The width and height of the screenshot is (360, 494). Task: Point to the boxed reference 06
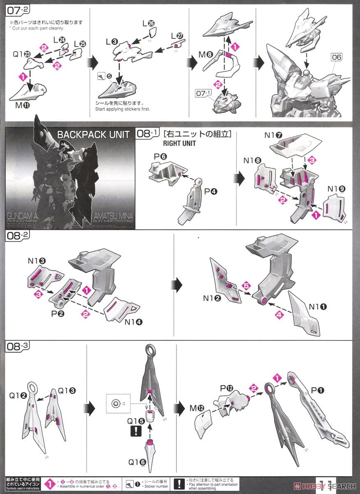[x=336, y=57]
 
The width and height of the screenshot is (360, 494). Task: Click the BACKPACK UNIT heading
[x=93, y=135]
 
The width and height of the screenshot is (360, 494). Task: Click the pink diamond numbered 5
[x=246, y=286]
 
